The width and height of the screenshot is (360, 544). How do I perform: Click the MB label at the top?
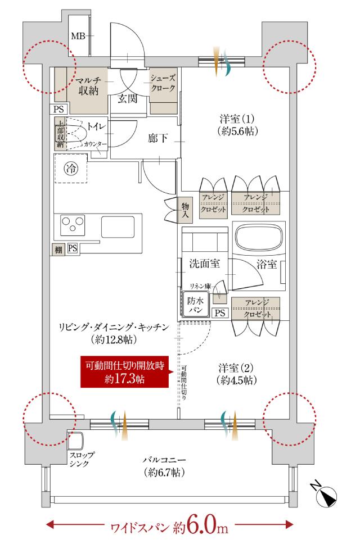[x=78, y=37]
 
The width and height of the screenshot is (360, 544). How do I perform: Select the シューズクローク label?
[x=163, y=84]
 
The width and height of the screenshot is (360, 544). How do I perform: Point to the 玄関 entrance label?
[x=128, y=100]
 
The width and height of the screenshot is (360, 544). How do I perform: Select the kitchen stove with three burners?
[x=72, y=225]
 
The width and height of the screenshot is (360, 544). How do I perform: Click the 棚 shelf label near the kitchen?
[x=58, y=248]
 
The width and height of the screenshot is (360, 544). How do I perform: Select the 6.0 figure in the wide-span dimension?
[x=199, y=527]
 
